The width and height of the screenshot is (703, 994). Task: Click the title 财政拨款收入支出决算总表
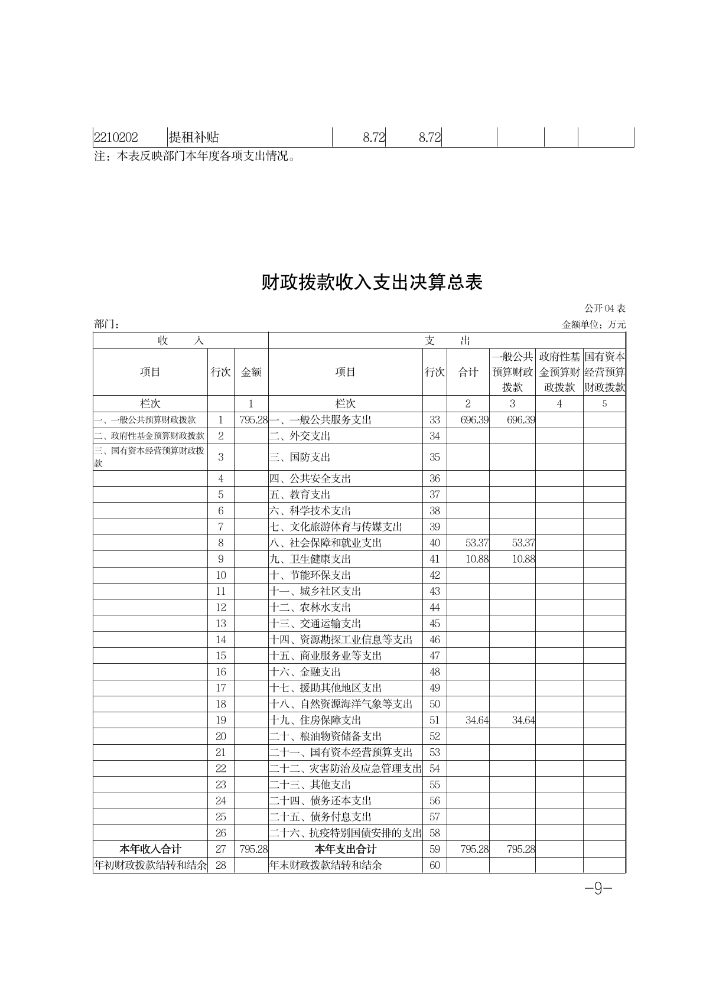pos(372,282)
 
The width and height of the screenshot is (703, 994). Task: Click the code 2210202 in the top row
pos(116,138)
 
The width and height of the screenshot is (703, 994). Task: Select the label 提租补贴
pos(194,138)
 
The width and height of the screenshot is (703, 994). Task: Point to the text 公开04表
pos(605,308)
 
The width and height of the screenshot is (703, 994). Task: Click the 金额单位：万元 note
pos(594,324)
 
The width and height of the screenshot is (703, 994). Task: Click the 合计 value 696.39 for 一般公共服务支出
pos(474,420)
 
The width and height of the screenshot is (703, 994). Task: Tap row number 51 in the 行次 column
pos(435,720)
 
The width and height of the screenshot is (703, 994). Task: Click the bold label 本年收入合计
pos(150,849)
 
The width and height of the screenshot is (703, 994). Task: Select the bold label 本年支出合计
pos(346,849)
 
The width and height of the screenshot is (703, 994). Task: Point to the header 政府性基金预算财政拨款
pos(559,372)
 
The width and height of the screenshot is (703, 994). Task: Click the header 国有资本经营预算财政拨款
pos(604,372)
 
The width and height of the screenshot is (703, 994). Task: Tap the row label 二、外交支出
pos(300,436)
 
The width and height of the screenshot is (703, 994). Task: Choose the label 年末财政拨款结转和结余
pos(326,865)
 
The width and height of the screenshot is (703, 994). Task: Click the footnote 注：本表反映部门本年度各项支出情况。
pos(195,157)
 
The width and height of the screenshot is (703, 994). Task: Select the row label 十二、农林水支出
pos(310,607)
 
